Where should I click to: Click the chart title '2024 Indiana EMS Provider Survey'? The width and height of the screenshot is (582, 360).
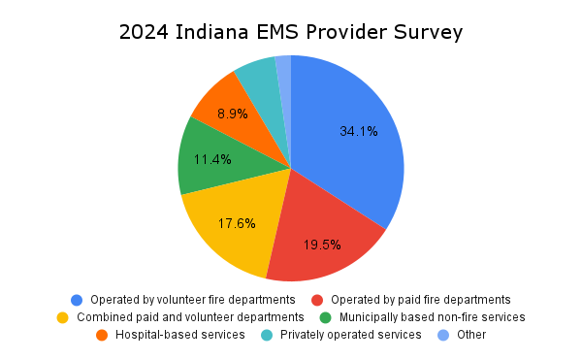pyautogui.click(x=291, y=31)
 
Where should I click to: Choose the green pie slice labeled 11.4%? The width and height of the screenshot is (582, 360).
pyautogui.click(x=209, y=160)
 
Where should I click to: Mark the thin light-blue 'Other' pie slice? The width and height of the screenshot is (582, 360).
pyautogui.click(x=284, y=73)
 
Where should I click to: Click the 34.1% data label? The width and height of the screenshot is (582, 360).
pyautogui.click(x=359, y=132)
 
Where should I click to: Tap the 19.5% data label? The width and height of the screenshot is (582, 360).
pyautogui.click(x=322, y=245)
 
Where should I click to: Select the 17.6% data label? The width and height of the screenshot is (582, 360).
pyautogui.click(x=237, y=223)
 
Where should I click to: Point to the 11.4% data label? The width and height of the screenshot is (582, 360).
pyautogui.click(x=212, y=159)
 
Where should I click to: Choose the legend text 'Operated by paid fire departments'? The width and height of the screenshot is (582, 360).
pyautogui.click(x=420, y=299)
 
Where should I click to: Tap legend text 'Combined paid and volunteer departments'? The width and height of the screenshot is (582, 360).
pyautogui.click(x=190, y=316)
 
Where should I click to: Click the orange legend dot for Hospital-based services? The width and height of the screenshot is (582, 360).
pyautogui.click(x=102, y=335)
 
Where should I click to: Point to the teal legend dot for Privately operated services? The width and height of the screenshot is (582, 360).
pyautogui.click(x=267, y=335)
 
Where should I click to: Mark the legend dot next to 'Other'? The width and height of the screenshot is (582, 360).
pyautogui.click(x=443, y=335)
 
